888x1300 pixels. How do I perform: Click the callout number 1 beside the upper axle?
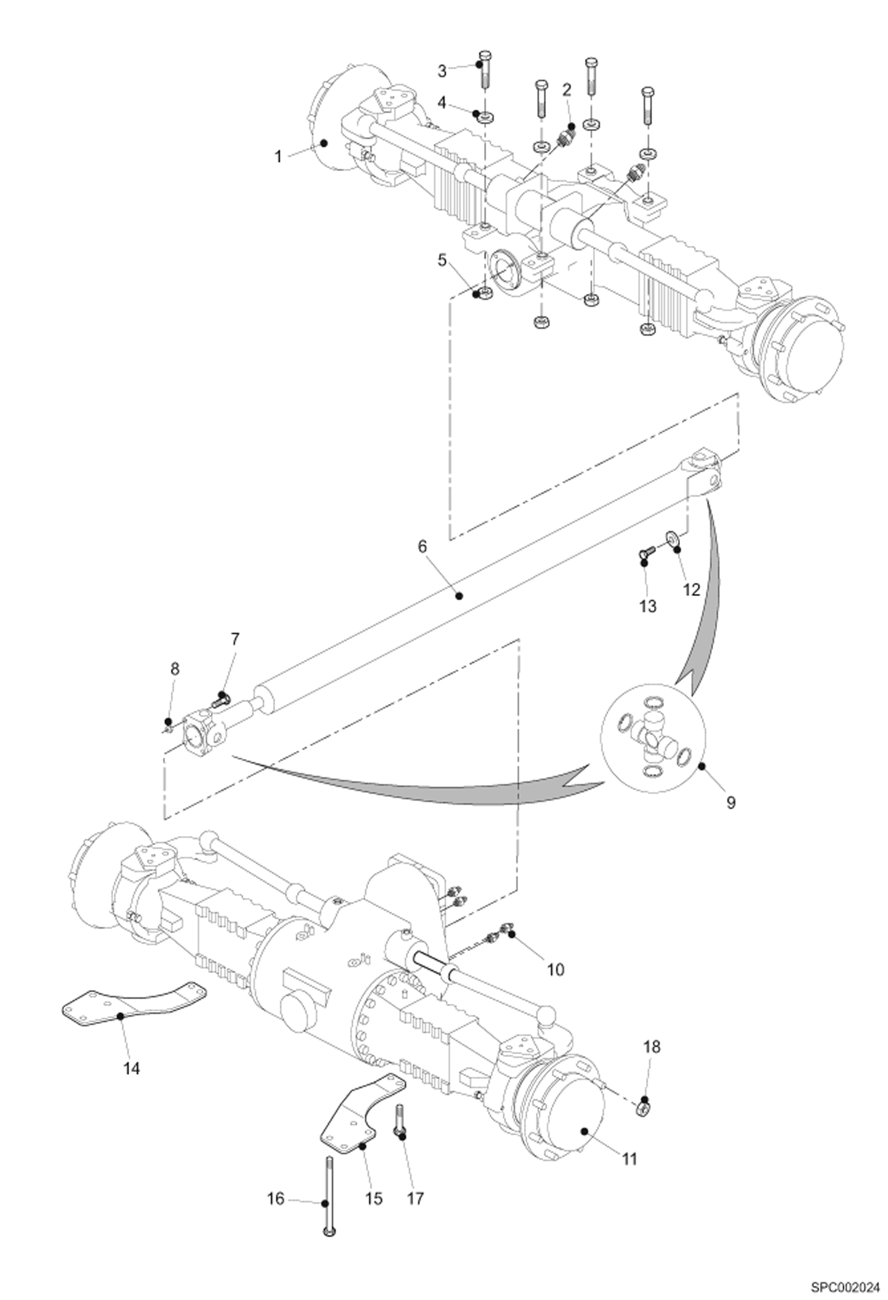point(277,158)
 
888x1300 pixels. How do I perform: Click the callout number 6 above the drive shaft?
point(422,546)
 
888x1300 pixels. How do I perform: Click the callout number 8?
point(174,669)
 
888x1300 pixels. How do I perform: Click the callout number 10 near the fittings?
point(555,970)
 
